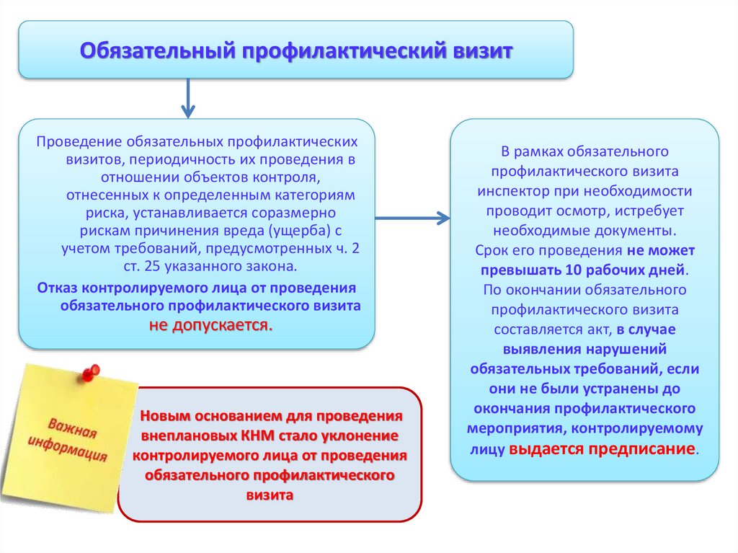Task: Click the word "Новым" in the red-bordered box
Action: tap(166, 417)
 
